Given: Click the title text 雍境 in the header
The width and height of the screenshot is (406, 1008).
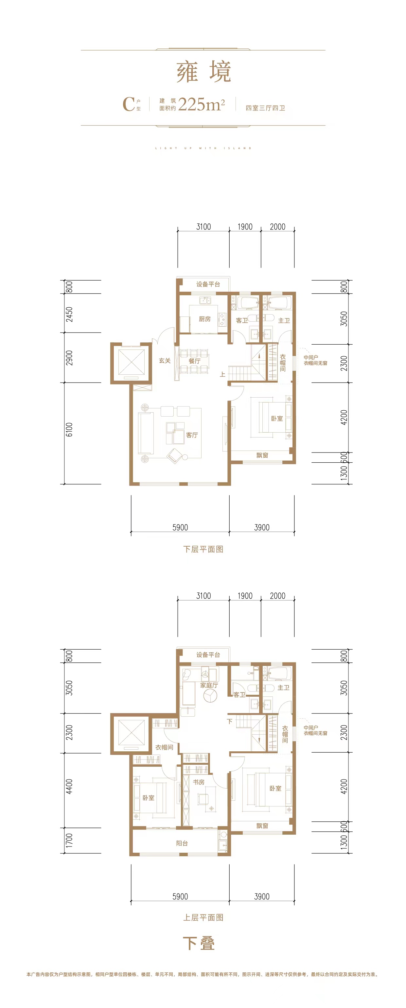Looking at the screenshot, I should click(x=203, y=72).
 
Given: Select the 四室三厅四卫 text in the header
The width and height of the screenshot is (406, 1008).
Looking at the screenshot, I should click(x=265, y=108).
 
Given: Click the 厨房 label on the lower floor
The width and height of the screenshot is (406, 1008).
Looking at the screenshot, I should click(x=204, y=319).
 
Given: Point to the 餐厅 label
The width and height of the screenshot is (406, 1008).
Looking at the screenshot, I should click(x=195, y=361).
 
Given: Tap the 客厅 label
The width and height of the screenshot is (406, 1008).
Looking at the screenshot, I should click(x=192, y=435).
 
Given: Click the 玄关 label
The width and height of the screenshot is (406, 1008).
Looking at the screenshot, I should click(x=165, y=360).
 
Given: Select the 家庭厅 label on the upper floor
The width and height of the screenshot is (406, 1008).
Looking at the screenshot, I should click(x=209, y=685).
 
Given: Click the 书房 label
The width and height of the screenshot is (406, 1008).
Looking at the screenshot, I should click(x=199, y=782).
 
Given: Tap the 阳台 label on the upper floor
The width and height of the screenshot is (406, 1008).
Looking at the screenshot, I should click(x=182, y=843).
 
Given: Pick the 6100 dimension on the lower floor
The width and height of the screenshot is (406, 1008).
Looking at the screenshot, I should click(x=69, y=429).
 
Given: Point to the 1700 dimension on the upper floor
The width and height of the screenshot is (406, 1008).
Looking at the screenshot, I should click(x=69, y=841).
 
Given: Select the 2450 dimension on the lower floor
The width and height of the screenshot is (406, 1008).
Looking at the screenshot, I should click(x=69, y=314).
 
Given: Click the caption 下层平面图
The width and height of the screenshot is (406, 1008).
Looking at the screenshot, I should click(x=203, y=549).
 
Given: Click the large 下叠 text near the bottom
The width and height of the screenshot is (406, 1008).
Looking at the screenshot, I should click(x=199, y=944).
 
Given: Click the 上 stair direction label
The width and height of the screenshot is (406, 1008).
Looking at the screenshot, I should click(x=222, y=374).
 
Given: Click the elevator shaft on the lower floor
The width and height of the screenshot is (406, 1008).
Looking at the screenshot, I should click(x=131, y=362).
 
